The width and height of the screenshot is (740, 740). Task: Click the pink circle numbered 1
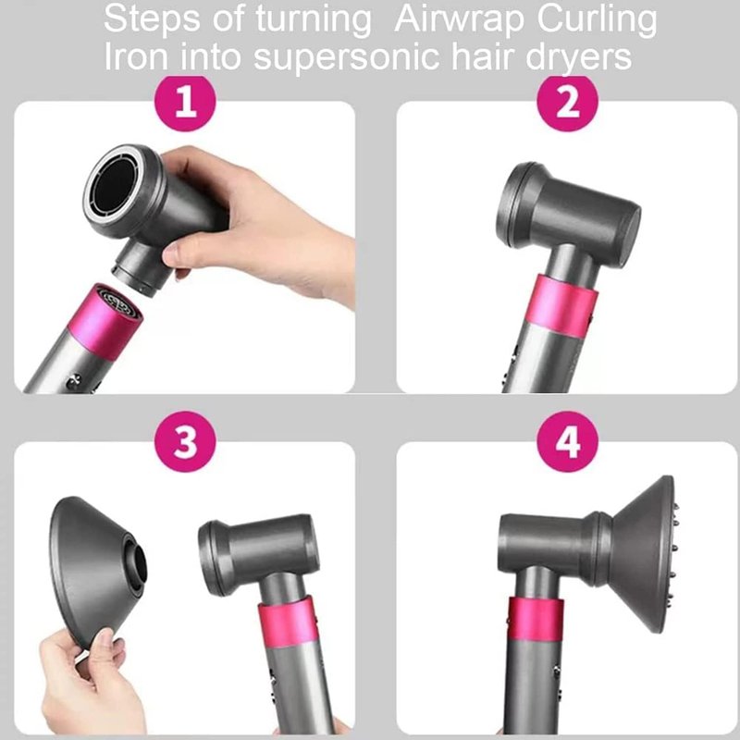click(185, 102)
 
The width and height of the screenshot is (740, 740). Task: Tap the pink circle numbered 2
click(567, 102)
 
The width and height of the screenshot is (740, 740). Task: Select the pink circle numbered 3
click(185, 441)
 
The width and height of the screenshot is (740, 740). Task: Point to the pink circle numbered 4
click(567, 441)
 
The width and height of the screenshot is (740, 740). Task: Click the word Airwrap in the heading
click(459, 19)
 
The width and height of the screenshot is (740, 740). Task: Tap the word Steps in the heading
click(152, 19)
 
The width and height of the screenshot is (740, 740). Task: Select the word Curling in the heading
click(597, 20)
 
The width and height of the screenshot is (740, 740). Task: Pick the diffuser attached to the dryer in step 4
click(642, 554)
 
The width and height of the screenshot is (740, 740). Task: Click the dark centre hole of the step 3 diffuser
click(137, 569)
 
